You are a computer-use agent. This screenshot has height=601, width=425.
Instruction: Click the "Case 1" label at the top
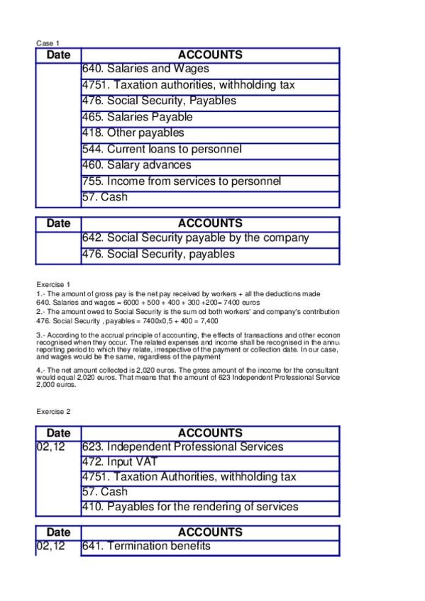tap(48, 43)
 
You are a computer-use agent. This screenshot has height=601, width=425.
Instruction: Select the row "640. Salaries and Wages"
tap(146, 69)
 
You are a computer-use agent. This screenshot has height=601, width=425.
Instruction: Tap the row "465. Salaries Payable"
tap(138, 117)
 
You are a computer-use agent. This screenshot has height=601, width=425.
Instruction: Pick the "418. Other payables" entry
tap(133, 133)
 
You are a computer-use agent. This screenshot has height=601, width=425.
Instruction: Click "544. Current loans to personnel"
tap(162, 150)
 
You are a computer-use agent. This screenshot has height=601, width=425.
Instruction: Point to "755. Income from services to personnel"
tap(182, 181)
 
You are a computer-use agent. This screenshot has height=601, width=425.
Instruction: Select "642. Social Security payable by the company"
tap(196, 238)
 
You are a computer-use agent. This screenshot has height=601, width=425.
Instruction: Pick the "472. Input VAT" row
tap(120, 462)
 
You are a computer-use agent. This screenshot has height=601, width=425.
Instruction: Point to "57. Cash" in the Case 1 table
tap(105, 197)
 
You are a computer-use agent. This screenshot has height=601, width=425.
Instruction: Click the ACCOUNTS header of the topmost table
tap(210, 55)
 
